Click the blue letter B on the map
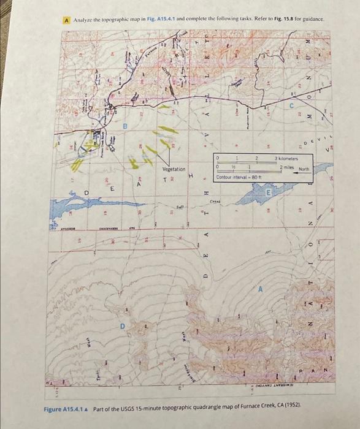[125, 126]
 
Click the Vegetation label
[174, 169]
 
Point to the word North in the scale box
[305, 169]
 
